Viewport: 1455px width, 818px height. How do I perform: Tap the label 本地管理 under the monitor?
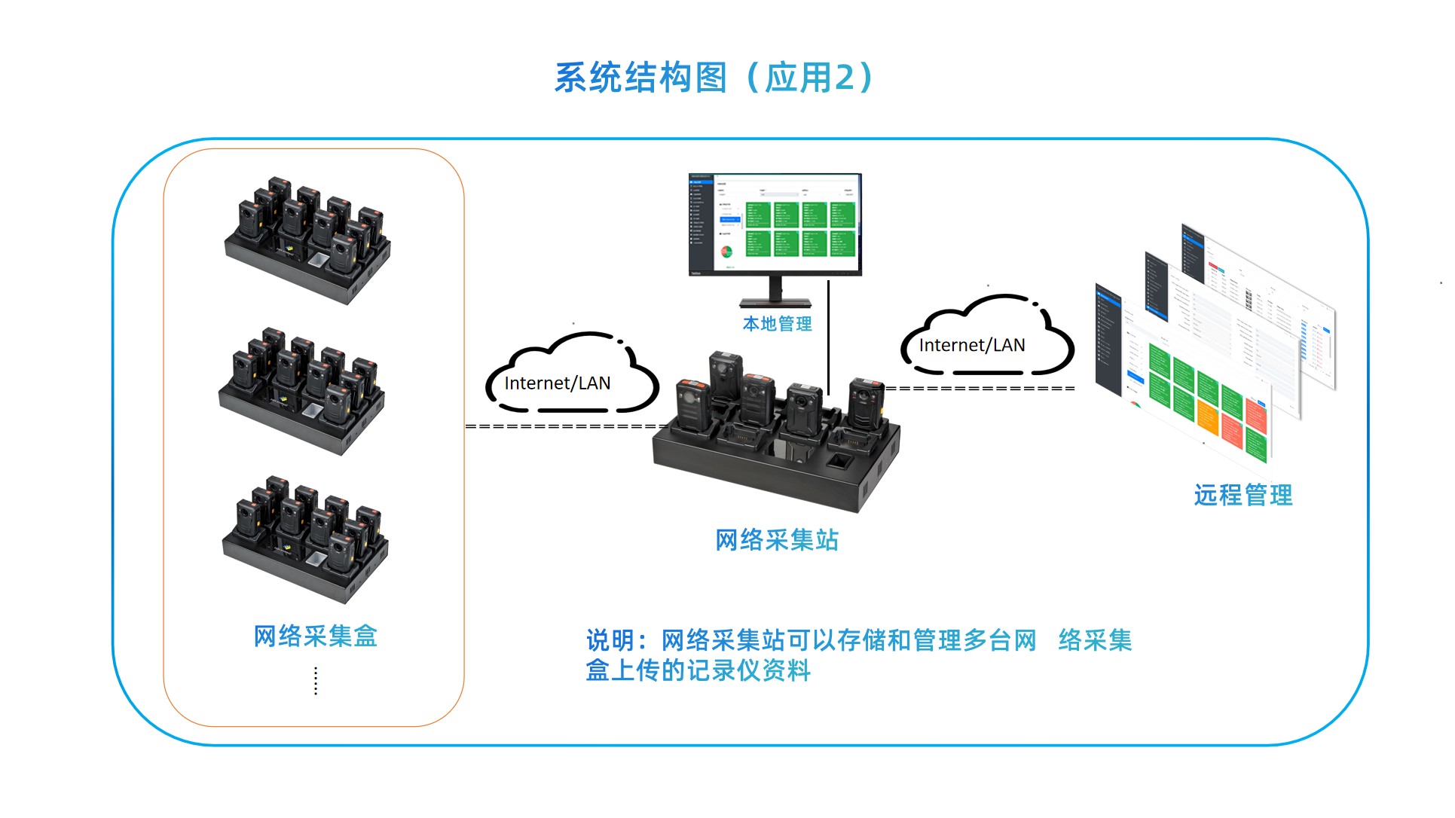[x=777, y=324]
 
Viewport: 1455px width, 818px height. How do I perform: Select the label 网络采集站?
[x=776, y=540]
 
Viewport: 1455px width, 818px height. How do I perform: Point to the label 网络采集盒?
[x=315, y=636]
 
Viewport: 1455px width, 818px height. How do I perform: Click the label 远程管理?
[x=1243, y=495]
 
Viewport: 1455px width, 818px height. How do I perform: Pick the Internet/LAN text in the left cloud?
[x=558, y=383]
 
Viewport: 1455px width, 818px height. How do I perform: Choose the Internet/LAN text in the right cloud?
[x=972, y=345]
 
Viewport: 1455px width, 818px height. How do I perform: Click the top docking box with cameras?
[x=307, y=240]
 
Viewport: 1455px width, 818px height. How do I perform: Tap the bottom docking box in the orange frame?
[x=305, y=538]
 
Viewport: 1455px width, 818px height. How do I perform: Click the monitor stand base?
[x=775, y=303]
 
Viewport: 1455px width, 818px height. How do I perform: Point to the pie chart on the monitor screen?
[x=726, y=252]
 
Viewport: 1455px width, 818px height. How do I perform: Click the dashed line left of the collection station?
[x=565, y=426]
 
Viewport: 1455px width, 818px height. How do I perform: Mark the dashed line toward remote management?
[x=980, y=389]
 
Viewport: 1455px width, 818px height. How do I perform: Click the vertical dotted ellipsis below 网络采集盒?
[x=316, y=680]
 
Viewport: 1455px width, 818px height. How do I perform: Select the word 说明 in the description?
[x=609, y=641]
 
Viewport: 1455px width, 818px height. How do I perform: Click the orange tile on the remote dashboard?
[x=1207, y=419]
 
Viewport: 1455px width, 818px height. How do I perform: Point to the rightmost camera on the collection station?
[x=864, y=411]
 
